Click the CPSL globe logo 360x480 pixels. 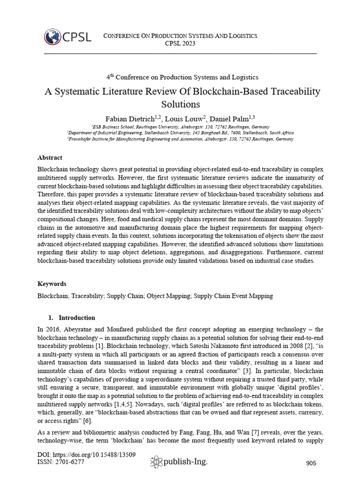click(53, 37)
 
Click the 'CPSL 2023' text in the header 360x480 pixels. click(180, 44)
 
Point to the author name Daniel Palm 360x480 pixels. click(231, 117)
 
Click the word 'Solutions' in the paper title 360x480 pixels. click(180, 104)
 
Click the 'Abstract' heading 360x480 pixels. click(50, 157)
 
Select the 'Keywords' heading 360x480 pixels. click(52, 284)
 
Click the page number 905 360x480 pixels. click(311, 463)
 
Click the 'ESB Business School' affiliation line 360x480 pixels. click(180, 127)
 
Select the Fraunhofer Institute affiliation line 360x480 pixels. click(180, 139)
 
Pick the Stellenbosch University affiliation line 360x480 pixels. click(180, 133)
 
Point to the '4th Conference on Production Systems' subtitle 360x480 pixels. click(180, 77)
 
